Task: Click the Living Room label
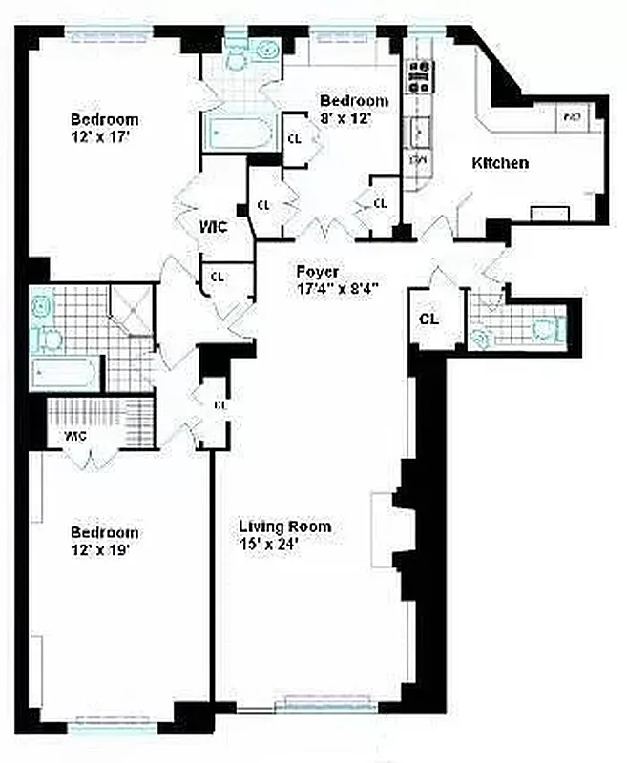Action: [x=283, y=526]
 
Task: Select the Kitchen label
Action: [x=500, y=163]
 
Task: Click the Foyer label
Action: [x=317, y=271]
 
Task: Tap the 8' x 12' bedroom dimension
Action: [x=345, y=118]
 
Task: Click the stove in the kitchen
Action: [x=419, y=75]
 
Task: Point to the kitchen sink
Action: [x=418, y=130]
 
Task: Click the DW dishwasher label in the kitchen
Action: [x=418, y=159]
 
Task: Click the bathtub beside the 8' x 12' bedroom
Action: [x=239, y=131]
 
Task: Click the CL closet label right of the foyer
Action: [x=429, y=319]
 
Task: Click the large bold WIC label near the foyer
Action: [x=212, y=227]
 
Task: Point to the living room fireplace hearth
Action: [x=384, y=529]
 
